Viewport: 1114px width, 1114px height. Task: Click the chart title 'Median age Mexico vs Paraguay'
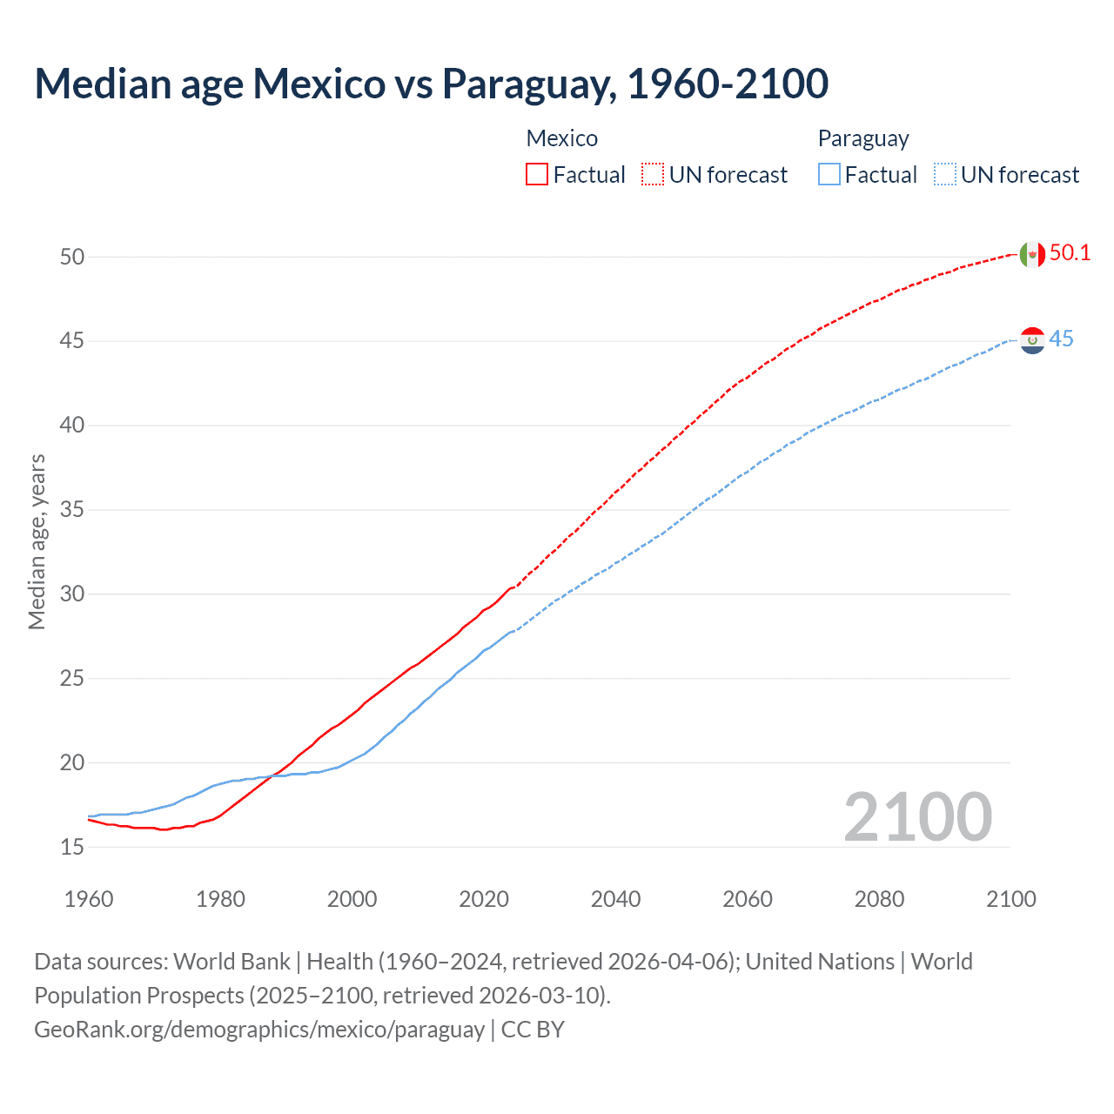point(431,84)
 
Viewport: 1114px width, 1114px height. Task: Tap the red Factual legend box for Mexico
point(537,174)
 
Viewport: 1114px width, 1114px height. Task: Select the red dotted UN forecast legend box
point(653,174)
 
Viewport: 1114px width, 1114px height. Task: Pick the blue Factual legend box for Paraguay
point(829,174)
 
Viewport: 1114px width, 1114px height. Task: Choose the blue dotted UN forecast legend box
point(944,174)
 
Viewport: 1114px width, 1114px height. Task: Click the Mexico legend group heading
point(561,138)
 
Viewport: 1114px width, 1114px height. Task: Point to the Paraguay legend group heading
point(862,138)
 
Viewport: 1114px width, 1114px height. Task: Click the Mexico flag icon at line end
point(1032,254)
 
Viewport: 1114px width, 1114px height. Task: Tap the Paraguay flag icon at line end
point(1032,340)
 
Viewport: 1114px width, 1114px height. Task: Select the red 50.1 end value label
point(1070,253)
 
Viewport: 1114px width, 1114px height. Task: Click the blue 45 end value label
point(1061,339)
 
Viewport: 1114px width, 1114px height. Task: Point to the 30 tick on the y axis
point(72,594)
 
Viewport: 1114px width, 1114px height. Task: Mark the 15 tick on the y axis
point(72,847)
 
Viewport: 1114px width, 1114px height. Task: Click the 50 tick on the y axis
point(72,257)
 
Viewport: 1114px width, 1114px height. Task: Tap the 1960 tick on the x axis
point(89,899)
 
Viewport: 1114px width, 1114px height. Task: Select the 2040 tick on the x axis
point(615,899)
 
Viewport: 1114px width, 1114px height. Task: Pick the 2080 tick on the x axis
point(879,899)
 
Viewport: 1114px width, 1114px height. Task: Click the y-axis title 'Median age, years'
point(37,541)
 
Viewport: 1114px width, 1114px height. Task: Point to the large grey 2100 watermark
point(917,817)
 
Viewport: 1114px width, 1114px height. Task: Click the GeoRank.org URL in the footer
point(259,1030)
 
